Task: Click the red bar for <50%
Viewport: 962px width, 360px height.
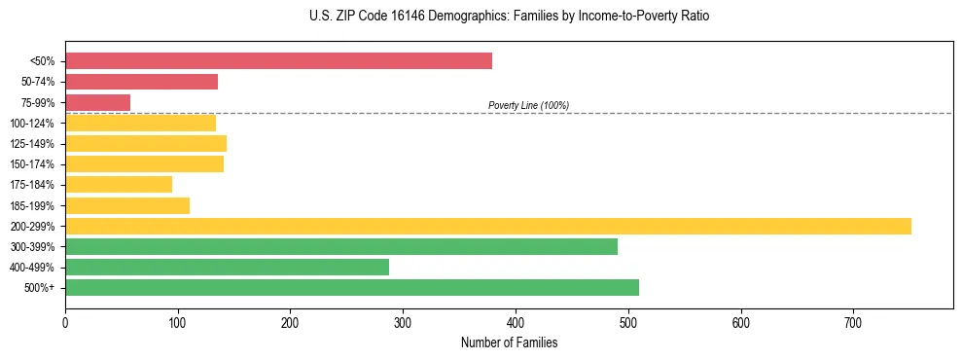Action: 278,61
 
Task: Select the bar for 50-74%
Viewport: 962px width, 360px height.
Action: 141,82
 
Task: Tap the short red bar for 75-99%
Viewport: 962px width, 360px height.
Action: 97,102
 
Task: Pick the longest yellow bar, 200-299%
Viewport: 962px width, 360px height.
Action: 487,226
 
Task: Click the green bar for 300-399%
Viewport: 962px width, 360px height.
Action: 340,246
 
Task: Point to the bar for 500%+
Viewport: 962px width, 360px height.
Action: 351,287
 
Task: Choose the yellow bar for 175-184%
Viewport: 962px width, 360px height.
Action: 119,184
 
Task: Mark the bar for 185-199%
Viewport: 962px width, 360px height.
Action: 127,205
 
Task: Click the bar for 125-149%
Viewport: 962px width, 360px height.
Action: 146,143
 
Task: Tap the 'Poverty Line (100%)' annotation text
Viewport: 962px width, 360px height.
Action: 528,105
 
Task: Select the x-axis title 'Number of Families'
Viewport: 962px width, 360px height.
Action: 509,342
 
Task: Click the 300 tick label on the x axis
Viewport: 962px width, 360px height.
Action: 403,321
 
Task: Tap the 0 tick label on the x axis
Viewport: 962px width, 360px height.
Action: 65,321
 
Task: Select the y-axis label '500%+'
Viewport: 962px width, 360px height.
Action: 39,288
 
